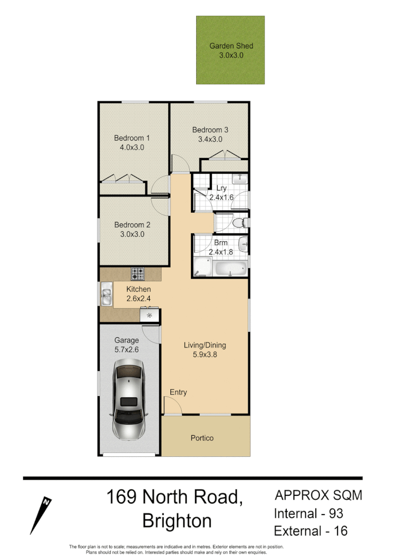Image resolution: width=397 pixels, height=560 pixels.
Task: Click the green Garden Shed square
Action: [230, 50]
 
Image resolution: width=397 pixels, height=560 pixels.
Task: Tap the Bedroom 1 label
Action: [132, 138]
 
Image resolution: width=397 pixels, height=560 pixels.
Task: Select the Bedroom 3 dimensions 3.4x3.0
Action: [210, 140]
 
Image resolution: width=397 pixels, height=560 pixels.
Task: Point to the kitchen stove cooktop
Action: [138, 273]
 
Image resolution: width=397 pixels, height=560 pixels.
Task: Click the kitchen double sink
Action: [106, 294]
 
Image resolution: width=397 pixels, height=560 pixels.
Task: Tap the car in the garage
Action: [128, 399]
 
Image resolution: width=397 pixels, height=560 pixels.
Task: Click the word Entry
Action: [178, 392]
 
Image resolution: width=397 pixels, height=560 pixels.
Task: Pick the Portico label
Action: [202, 438]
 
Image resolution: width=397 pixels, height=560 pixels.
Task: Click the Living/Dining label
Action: [205, 346]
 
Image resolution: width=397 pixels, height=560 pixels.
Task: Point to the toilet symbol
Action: [240, 222]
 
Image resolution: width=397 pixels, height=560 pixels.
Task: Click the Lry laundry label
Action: [221, 188]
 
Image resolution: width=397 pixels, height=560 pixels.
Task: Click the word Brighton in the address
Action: [177, 521]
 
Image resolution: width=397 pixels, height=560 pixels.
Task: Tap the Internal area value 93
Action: [335, 513]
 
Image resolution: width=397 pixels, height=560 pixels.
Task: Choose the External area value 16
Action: [341, 530]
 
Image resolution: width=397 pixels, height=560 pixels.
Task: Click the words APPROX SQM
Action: [318, 495]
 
